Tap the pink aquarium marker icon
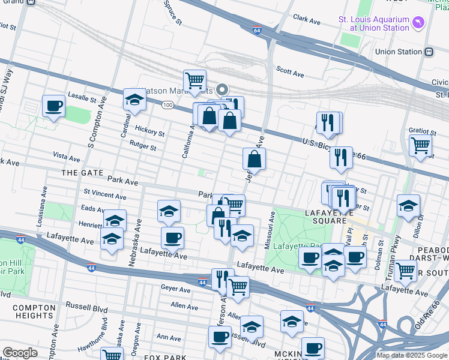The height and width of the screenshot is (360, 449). click(x=418, y=23)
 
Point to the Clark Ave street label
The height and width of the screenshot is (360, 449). click(x=306, y=20)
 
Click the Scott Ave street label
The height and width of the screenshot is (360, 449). click(x=291, y=72)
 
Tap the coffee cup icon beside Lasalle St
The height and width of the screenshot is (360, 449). click(x=53, y=107)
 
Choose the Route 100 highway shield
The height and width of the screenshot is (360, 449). click(x=167, y=104)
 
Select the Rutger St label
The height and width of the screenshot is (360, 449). click(x=142, y=145)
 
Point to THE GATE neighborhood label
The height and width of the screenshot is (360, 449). click(x=79, y=172)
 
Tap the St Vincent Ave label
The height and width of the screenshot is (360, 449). click(x=105, y=194)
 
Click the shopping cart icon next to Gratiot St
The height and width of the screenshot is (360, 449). click(x=420, y=145)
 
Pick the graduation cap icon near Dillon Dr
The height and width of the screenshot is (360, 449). click(x=408, y=205)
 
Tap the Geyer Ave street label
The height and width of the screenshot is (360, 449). click(x=175, y=289)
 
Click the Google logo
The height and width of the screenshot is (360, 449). click(x=20, y=352)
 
